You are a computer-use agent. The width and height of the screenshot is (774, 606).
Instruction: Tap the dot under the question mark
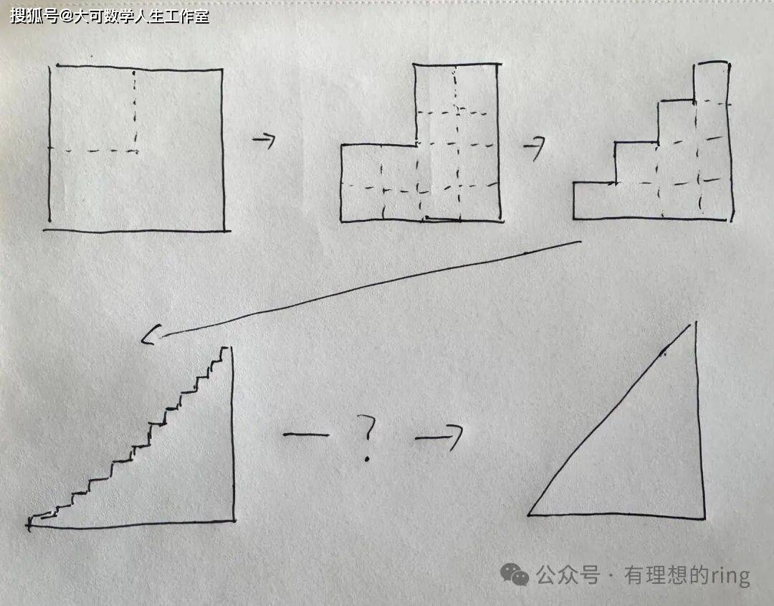pos(367,459)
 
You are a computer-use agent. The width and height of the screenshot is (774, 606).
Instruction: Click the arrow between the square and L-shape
pos(264,141)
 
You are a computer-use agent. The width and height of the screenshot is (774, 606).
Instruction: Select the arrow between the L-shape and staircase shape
pos(535,148)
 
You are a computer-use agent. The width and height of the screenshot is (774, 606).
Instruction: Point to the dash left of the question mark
pos(306,435)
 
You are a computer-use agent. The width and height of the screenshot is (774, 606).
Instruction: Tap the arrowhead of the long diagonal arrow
pos(150,335)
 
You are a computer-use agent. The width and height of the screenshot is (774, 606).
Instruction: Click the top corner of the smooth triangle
pos(695,323)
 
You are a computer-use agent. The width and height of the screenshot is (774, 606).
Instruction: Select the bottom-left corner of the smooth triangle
pos(529,515)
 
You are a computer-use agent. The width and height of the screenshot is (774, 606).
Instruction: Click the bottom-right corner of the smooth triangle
pos(704,518)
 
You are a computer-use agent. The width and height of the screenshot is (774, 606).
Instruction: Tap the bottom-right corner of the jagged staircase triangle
pos(234,520)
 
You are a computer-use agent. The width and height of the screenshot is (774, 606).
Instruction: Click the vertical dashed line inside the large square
pos(135,110)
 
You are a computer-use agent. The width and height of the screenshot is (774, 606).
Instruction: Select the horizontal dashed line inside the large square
pos(92,150)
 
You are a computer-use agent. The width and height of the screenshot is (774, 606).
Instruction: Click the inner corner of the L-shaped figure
pos(416,145)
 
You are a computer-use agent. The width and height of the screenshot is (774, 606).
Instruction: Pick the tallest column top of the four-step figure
pos(711,62)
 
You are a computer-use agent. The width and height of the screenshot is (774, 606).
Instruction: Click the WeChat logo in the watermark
pos(515,574)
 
